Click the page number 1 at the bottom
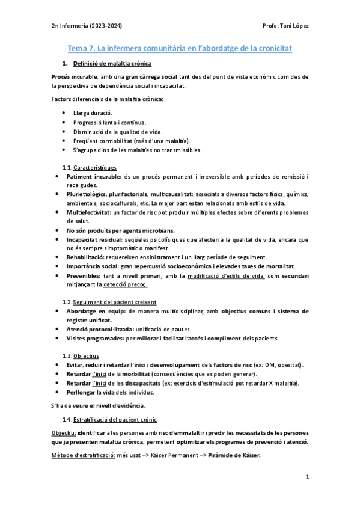click(307, 478)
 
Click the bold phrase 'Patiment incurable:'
click(96, 177)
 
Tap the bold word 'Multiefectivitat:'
click(93, 213)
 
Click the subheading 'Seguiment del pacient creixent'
click(115, 301)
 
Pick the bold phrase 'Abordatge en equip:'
click(97, 311)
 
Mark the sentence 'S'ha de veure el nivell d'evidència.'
click(99, 405)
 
